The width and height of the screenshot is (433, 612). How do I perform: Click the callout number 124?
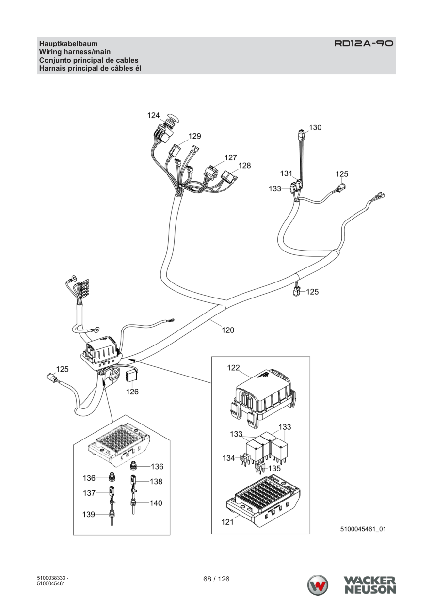coord(153,116)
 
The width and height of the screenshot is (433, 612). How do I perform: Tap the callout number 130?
coord(315,127)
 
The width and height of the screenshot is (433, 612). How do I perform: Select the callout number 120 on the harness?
coord(228,330)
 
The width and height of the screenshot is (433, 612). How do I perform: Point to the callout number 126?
coord(132,392)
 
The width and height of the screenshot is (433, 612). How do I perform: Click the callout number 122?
coord(233,368)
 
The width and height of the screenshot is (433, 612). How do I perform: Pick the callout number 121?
coord(227,522)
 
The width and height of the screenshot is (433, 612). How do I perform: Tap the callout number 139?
coord(89,515)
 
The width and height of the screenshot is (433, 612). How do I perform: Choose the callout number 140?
coord(156,503)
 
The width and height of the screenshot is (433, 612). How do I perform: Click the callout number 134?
coord(229,458)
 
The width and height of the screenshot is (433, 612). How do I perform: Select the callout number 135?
coord(274,468)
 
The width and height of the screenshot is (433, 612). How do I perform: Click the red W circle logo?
coord(318,585)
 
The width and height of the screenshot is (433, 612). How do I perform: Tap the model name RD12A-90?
coord(364,43)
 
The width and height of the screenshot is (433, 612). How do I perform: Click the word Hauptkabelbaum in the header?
coord(68,44)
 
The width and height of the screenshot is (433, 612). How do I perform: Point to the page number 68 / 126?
coord(216,579)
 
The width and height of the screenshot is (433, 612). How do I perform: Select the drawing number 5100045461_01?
coord(363,529)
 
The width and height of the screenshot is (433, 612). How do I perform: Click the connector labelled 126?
coord(130,376)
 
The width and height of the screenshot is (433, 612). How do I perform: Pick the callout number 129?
coord(194,136)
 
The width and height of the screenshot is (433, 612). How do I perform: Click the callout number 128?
coord(244,166)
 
